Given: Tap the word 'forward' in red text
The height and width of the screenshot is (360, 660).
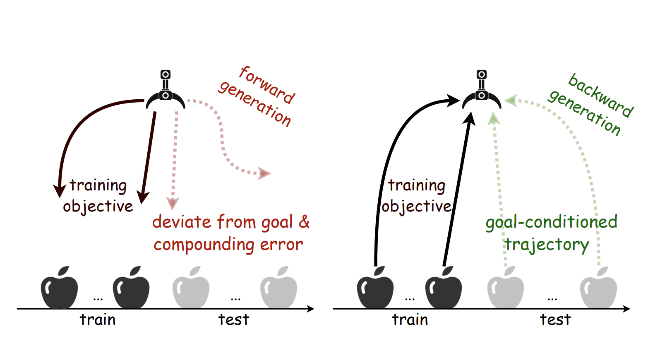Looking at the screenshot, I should (x=267, y=85).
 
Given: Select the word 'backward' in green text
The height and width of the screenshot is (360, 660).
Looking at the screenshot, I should (x=600, y=95).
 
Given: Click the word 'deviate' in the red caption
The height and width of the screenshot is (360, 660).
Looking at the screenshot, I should (x=182, y=222).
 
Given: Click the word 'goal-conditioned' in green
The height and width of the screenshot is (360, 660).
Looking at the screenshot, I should (x=551, y=222).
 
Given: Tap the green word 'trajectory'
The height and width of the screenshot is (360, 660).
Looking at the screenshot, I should (x=546, y=245).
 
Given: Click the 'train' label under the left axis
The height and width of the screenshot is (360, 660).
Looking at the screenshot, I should (x=98, y=320).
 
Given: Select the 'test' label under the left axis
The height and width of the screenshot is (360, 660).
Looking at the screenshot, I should (x=234, y=320).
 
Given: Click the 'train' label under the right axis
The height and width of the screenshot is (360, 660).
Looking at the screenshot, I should (x=410, y=320).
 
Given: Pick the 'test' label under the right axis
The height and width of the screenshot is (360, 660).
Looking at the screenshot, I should (x=555, y=320).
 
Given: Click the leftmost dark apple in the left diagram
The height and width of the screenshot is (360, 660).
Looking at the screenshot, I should (x=60, y=288).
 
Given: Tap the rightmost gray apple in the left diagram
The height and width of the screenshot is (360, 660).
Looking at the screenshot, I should (x=278, y=288).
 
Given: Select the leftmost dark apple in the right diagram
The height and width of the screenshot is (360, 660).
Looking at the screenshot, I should (x=375, y=288).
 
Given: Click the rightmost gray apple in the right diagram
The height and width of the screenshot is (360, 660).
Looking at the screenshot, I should (x=598, y=288).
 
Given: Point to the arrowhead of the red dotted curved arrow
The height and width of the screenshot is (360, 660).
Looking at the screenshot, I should (x=264, y=173).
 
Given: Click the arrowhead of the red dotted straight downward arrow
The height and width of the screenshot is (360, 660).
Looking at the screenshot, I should (x=172, y=203).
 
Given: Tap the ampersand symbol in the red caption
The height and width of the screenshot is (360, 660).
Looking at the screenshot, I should (x=304, y=222).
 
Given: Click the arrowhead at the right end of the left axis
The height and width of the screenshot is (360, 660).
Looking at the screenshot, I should (x=311, y=309).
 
